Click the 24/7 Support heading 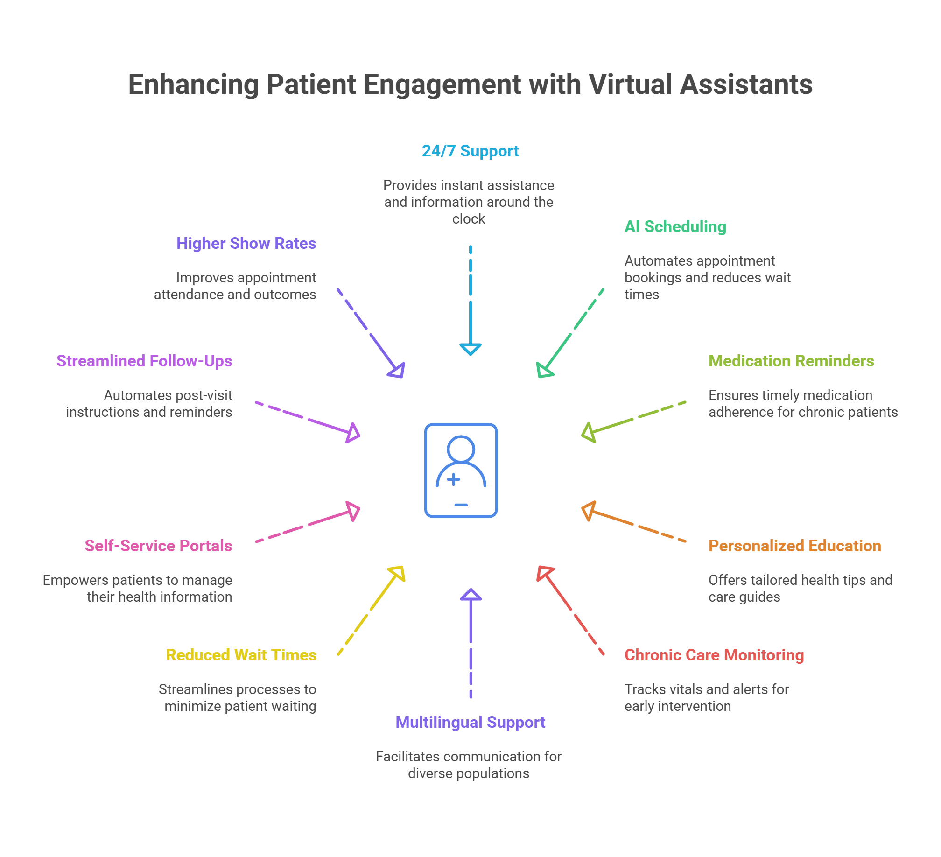470,151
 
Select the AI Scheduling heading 675,227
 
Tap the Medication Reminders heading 791,361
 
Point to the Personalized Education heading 794,546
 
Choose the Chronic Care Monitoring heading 714,655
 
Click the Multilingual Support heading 470,723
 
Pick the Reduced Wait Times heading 241,655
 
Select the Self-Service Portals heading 158,546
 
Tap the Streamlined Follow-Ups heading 144,361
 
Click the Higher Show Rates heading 246,244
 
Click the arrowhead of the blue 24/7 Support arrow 470,349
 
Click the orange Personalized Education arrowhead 588,511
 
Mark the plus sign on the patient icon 453,479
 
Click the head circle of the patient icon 461,449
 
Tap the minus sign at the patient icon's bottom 461,505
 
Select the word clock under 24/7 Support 469,219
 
